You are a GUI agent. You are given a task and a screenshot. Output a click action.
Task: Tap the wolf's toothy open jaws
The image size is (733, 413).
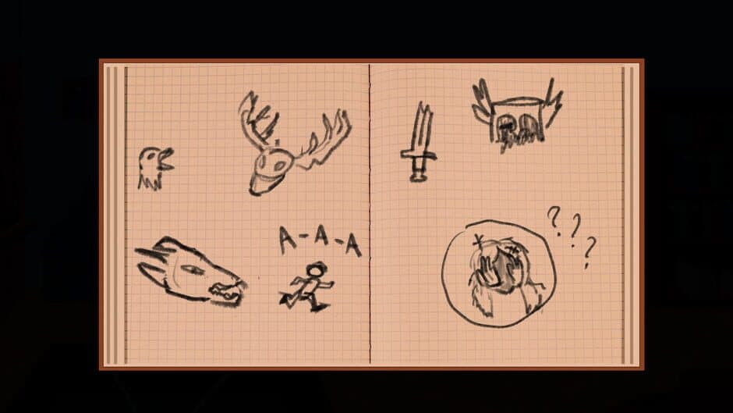coord(226,290)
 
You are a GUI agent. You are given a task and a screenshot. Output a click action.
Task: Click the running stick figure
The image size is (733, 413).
coord(307,289)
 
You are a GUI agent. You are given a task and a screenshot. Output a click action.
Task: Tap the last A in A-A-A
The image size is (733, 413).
coord(353,247)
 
